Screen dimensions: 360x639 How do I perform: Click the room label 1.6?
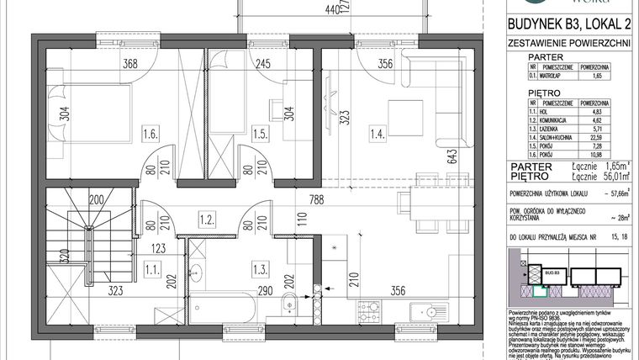[152, 133]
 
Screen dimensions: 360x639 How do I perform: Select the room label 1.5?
[262, 133]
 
